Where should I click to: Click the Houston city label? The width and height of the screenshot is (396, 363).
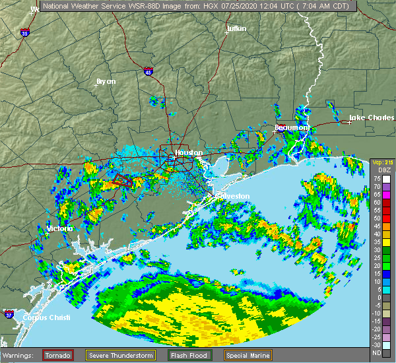189,152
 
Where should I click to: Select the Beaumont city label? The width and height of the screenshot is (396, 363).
292,127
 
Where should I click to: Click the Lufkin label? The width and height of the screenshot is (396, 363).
236,29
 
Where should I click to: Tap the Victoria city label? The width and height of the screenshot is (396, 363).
60,228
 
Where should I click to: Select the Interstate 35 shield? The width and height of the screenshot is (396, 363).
24,32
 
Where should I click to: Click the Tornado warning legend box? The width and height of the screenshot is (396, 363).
59,355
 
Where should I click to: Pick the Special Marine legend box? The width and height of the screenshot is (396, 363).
247,355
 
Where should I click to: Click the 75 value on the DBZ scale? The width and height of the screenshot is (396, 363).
377,178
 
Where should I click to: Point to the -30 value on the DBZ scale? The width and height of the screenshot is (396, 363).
377,345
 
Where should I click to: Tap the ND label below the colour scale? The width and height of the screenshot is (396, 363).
377,352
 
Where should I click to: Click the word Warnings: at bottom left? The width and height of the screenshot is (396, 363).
21,355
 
